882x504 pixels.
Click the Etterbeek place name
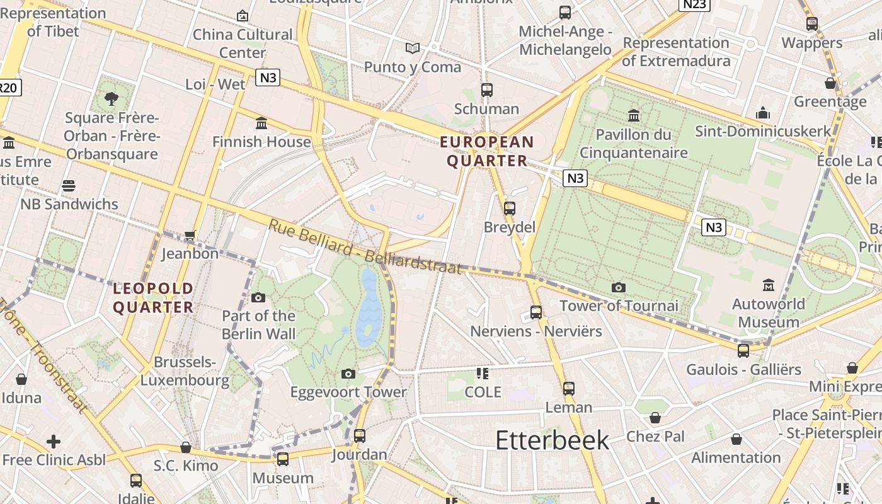point(552,440)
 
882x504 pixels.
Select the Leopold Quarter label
point(153,298)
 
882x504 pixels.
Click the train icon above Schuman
point(486,90)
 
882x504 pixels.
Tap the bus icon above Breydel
point(509,208)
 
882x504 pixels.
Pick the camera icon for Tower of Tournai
point(619,288)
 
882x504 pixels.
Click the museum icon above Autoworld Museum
point(768,285)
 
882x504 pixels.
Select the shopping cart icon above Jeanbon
point(190,236)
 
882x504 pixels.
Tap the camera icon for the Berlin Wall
point(258,297)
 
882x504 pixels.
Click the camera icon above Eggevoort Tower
point(348,374)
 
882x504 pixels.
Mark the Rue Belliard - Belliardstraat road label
point(365,247)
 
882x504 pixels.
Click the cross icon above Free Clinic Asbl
point(54,441)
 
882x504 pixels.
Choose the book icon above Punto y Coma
point(413,48)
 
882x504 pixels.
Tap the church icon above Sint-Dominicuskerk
point(763,113)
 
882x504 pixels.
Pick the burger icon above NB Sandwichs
point(69,186)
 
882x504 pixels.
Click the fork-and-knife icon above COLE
point(483,374)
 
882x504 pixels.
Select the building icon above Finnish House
point(261,123)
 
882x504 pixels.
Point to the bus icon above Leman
point(569,389)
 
